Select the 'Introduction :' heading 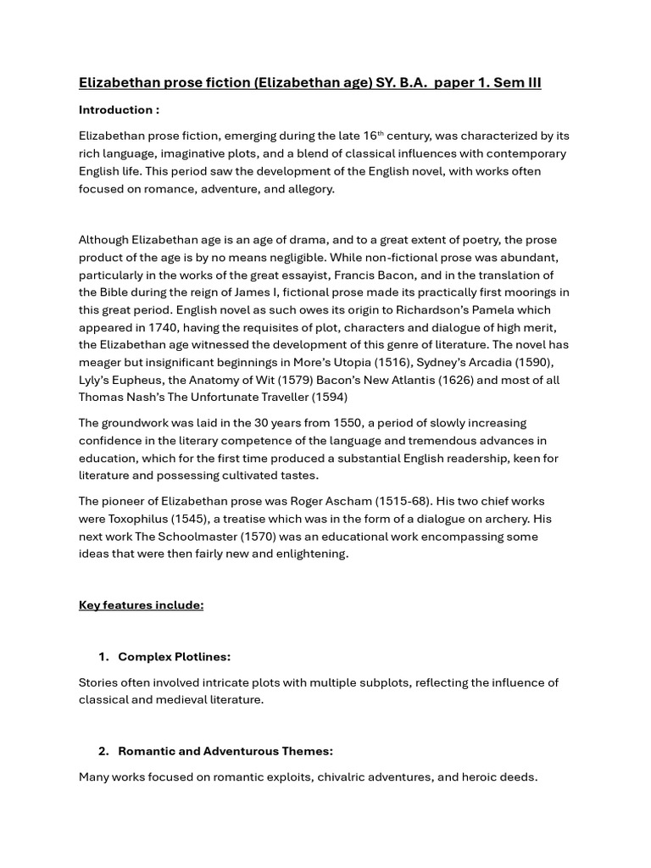[x=119, y=109]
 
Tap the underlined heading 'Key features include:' [x=141, y=605]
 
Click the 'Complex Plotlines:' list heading [x=174, y=657]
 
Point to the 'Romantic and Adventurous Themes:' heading [x=225, y=751]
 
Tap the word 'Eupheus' [x=137, y=380]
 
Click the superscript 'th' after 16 [x=381, y=133]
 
